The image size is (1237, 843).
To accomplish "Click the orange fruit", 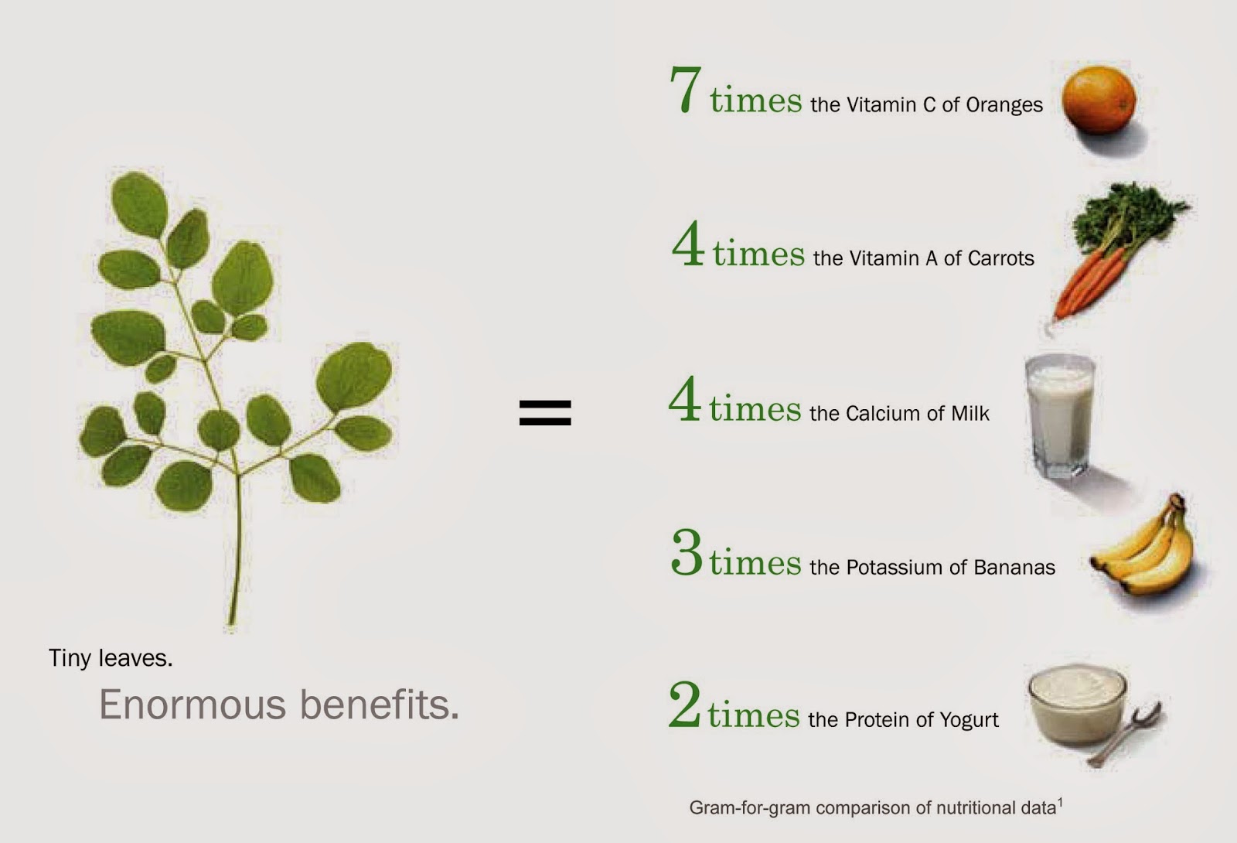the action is pyautogui.click(x=1099, y=100).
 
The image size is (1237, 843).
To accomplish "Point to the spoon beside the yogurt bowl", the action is pyautogui.click(x=1126, y=734).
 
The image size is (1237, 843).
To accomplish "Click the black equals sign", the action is pyautogui.click(x=545, y=413).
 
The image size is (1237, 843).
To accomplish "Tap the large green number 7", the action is pyautogui.click(x=686, y=90).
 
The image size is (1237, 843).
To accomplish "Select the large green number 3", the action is pyautogui.click(x=687, y=552).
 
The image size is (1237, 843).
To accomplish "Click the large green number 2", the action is pyautogui.click(x=685, y=704).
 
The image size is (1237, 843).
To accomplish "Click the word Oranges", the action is pyautogui.click(x=1004, y=105).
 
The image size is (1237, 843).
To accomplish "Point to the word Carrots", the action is pyautogui.click(x=1001, y=258).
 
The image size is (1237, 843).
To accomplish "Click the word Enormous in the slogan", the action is pyautogui.click(x=193, y=705).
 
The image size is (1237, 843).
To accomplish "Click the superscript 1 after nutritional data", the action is pyautogui.click(x=1060, y=803).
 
